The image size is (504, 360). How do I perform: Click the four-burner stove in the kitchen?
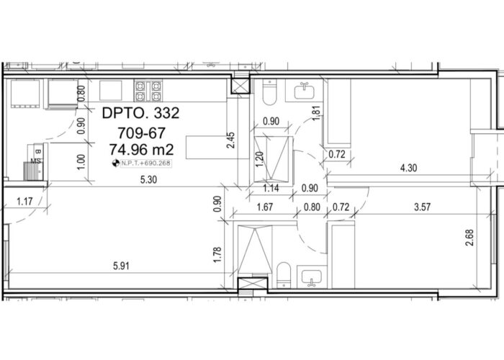[148, 91]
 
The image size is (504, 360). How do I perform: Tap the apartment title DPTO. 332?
[140, 114]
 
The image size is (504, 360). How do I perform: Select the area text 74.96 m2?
[141, 150]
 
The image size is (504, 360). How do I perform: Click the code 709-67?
[141, 132]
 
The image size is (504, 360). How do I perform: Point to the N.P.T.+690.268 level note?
[146, 163]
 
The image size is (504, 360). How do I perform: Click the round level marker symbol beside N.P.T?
[115, 163]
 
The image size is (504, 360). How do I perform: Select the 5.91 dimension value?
[121, 266]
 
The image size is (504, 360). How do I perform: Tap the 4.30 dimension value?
[408, 168]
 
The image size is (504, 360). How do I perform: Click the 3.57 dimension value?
[422, 207]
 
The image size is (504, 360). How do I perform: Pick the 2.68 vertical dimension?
[469, 238]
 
